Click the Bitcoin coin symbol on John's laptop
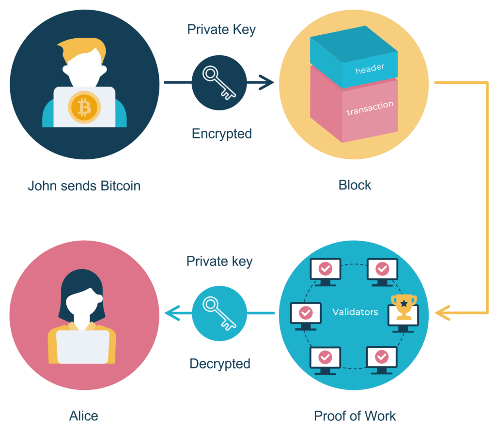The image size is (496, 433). pos(84,107)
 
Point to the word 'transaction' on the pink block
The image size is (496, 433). pos(370,108)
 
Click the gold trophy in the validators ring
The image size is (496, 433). pos(403,307)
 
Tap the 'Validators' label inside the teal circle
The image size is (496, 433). pos(355,312)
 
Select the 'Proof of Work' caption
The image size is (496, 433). pos(355,416)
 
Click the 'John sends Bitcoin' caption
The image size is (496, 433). pos(84,186)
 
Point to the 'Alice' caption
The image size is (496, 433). pos(84,416)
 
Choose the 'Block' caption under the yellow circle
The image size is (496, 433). pos(355,185)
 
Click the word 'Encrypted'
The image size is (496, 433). pos(222,134)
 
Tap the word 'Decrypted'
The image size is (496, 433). pos(220,363)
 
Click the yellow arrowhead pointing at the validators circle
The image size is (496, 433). pos(442,313)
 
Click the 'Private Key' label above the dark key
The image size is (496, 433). pos(221,30)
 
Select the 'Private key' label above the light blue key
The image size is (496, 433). pos(219,262)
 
